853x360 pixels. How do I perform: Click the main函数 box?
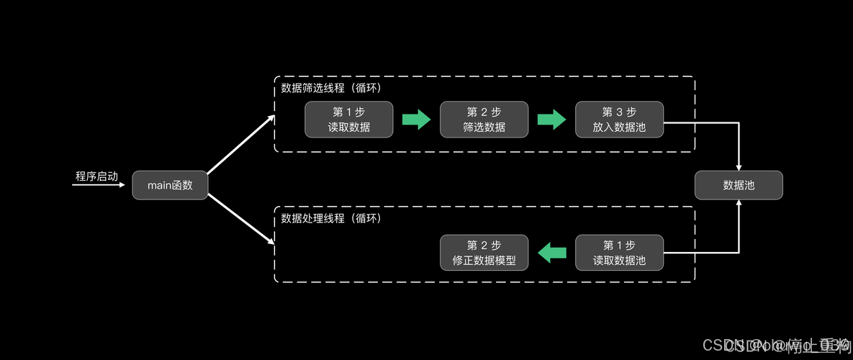pyautogui.click(x=170, y=185)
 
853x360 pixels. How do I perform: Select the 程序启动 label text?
pyautogui.click(x=96, y=176)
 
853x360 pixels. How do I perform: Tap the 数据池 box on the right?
pyautogui.click(x=739, y=185)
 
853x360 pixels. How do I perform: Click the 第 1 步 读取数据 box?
pyautogui.click(x=349, y=120)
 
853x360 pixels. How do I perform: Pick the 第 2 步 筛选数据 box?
pyautogui.click(x=484, y=120)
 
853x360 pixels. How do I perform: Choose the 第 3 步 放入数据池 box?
pyautogui.click(x=619, y=120)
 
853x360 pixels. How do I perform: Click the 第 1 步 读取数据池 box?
pyautogui.click(x=619, y=252)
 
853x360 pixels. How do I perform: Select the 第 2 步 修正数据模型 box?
pyautogui.click(x=484, y=252)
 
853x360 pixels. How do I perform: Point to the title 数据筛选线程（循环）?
pyautogui.click(x=331, y=88)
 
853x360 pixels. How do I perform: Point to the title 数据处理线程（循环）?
pyautogui.click(x=331, y=218)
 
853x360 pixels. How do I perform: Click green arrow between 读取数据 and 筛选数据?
pyautogui.click(x=416, y=120)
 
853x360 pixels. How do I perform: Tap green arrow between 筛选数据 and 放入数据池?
pyautogui.click(x=551, y=120)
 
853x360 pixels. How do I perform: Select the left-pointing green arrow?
pyautogui.click(x=551, y=252)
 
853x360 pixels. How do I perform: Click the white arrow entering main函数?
pyautogui.click(x=101, y=185)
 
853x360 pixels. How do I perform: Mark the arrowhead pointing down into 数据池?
pyautogui.click(x=739, y=166)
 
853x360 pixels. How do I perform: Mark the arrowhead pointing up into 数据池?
pyautogui.click(x=739, y=204)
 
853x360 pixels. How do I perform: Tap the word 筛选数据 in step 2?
pyautogui.click(x=484, y=127)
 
